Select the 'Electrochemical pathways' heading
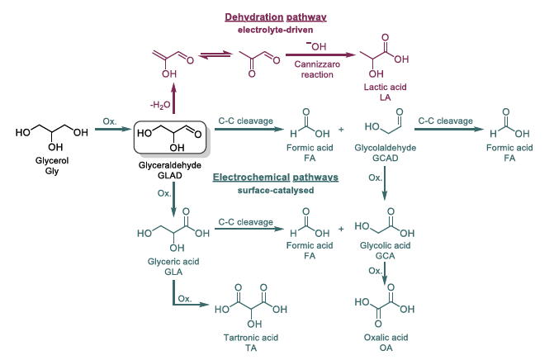pos(277,178)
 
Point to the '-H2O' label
pos(160,105)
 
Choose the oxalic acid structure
pos(384,306)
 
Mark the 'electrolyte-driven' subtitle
pos(277,30)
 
